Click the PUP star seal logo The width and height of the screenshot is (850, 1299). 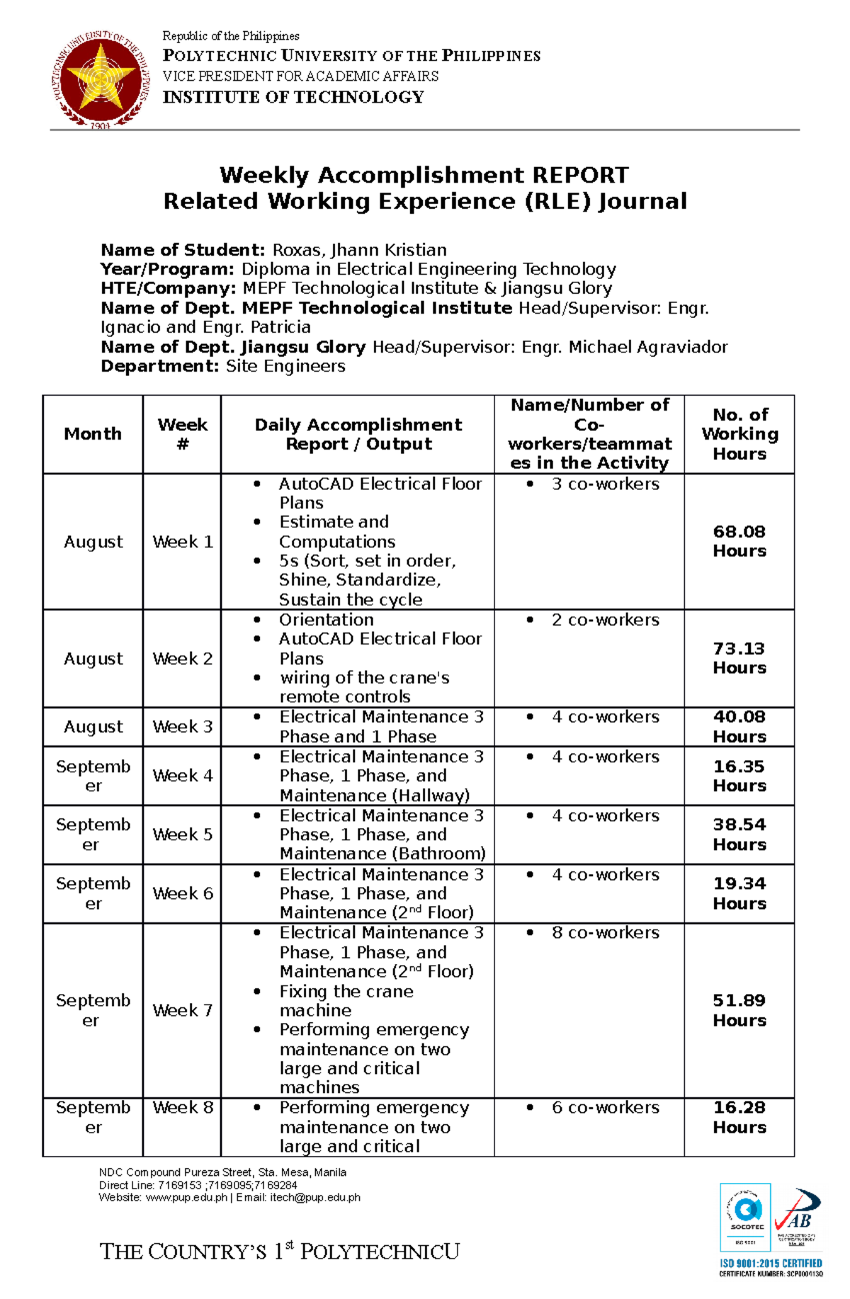[x=101, y=79]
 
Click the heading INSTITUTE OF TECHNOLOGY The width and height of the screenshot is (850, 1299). [x=293, y=97]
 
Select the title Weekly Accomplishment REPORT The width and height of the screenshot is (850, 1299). [x=424, y=175]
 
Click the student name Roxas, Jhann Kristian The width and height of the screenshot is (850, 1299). [x=359, y=250]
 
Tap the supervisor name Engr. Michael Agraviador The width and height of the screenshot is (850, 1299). [x=624, y=347]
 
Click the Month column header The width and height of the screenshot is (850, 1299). [x=93, y=434]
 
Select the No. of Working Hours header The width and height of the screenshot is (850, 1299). [x=739, y=434]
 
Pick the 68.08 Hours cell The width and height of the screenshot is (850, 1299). [x=739, y=541]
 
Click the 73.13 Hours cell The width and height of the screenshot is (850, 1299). [x=739, y=658]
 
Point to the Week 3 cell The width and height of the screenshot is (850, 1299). [x=182, y=726]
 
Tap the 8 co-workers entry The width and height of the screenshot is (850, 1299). [x=605, y=933]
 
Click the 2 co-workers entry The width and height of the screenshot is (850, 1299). [x=605, y=619]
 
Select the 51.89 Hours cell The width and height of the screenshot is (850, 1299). [x=739, y=1010]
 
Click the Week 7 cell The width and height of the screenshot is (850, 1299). [x=182, y=1010]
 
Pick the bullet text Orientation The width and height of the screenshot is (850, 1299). [x=326, y=619]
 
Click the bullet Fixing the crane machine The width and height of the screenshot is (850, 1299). [x=346, y=1000]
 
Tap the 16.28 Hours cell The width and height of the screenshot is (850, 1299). [x=739, y=1117]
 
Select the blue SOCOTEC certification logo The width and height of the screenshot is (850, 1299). [x=745, y=1217]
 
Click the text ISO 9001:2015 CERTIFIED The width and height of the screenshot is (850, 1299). [x=771, y=1263]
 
